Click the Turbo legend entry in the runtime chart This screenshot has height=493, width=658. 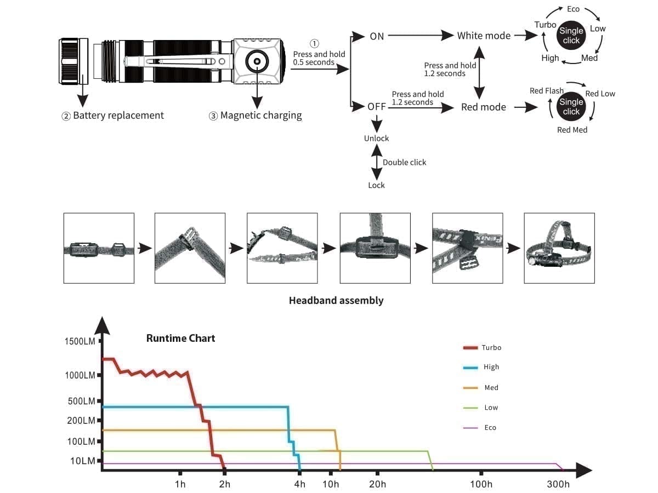(491, 347)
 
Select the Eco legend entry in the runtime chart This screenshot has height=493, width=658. (490, 427)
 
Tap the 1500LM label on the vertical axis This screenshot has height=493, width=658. (80, 341)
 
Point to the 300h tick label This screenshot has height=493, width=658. (558, 484)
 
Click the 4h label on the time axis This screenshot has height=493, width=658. (299, 484)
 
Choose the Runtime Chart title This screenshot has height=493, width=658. (180, 338)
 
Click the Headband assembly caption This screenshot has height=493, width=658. (336, 300)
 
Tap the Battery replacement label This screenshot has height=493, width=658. (118, 116)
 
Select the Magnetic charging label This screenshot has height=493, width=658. (260, 116)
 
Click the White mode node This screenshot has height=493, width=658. (484, 36)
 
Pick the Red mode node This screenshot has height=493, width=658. (483, 107)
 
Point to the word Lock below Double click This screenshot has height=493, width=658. (376, 185)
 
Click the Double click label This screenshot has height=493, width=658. (404, 162)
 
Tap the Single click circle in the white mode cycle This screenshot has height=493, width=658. (571, 36)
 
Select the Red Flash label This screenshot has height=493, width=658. (546, 90)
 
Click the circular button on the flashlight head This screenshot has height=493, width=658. (255, 61)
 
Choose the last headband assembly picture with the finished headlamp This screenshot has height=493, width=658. (559, 248)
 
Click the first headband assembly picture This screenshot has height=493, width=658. (99, 248)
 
